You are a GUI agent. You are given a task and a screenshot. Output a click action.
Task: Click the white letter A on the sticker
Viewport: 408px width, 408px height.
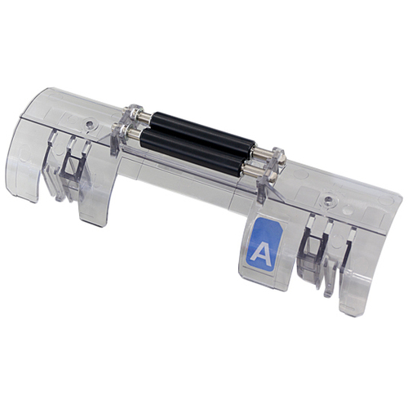[x=260, y=254]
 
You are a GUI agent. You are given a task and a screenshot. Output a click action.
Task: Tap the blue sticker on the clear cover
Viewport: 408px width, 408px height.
[x=264, y=244]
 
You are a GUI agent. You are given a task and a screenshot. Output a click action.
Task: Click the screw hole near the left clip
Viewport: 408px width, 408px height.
[x=89, y=124]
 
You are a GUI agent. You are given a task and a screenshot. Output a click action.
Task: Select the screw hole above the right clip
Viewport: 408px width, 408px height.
[x=328, y=201]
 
